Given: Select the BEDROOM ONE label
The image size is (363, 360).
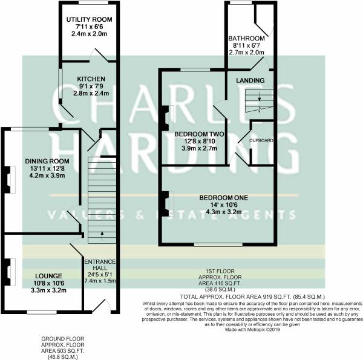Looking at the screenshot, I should (224, 198).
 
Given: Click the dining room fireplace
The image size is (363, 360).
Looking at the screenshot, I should (8, 179).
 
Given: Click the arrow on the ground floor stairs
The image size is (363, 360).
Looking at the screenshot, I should (102, 233).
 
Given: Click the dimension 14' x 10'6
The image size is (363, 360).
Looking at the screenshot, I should (224, 206).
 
